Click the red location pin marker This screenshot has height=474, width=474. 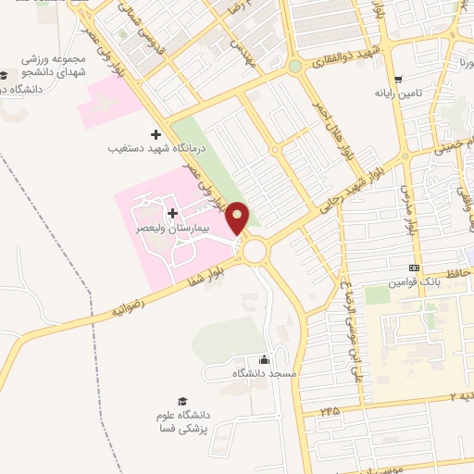(238, 217)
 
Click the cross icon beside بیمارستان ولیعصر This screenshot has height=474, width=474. (171, 188)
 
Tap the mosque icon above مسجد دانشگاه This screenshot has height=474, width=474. (266, 360)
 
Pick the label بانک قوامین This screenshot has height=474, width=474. (412, 280)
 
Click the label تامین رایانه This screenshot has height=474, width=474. (398, 94)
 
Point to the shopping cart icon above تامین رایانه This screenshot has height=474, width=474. (398, 80)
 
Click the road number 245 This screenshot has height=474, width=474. (331, 409)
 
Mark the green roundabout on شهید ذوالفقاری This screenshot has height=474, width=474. (294, 67)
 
